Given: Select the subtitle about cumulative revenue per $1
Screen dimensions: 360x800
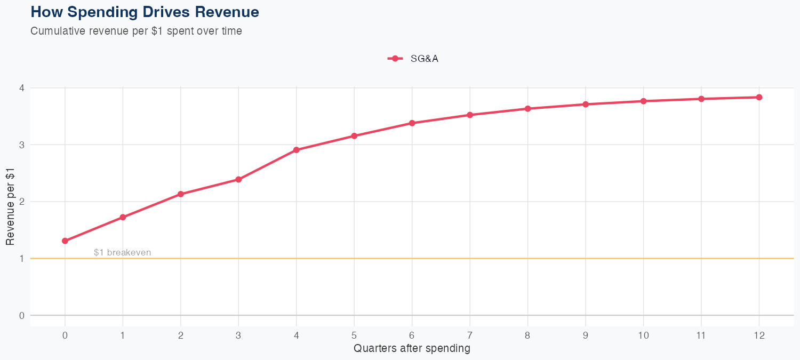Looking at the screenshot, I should point(136,31).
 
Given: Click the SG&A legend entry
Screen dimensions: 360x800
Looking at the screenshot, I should point(413,59).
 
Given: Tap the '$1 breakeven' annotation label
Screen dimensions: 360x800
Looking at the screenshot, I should point(122,252).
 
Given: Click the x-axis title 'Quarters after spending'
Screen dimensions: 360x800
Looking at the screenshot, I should point(412,348).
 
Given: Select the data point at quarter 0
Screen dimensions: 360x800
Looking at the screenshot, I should point(65,241).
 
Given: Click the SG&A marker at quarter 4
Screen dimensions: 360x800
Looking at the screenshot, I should point(297,150).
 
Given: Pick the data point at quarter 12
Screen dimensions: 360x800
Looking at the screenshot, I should point(759,97).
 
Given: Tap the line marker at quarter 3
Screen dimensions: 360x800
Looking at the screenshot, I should point(238,180).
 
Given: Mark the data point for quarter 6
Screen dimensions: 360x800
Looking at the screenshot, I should point(412,123).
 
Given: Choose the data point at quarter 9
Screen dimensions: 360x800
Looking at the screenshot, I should point(586,105).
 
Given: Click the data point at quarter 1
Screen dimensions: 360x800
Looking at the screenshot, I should point(123,217).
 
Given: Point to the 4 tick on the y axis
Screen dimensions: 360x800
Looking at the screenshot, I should point(22,88).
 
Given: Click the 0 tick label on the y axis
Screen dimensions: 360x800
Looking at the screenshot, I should point(22,315).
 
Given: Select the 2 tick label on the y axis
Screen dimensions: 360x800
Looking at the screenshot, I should point(22,202).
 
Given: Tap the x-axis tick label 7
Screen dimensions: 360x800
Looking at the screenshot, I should point(470,335).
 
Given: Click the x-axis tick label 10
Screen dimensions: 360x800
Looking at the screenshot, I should point(643,335).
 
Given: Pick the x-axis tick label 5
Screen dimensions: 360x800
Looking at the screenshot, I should point(354,335).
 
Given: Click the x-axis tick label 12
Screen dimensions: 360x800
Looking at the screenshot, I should point(759,335).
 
